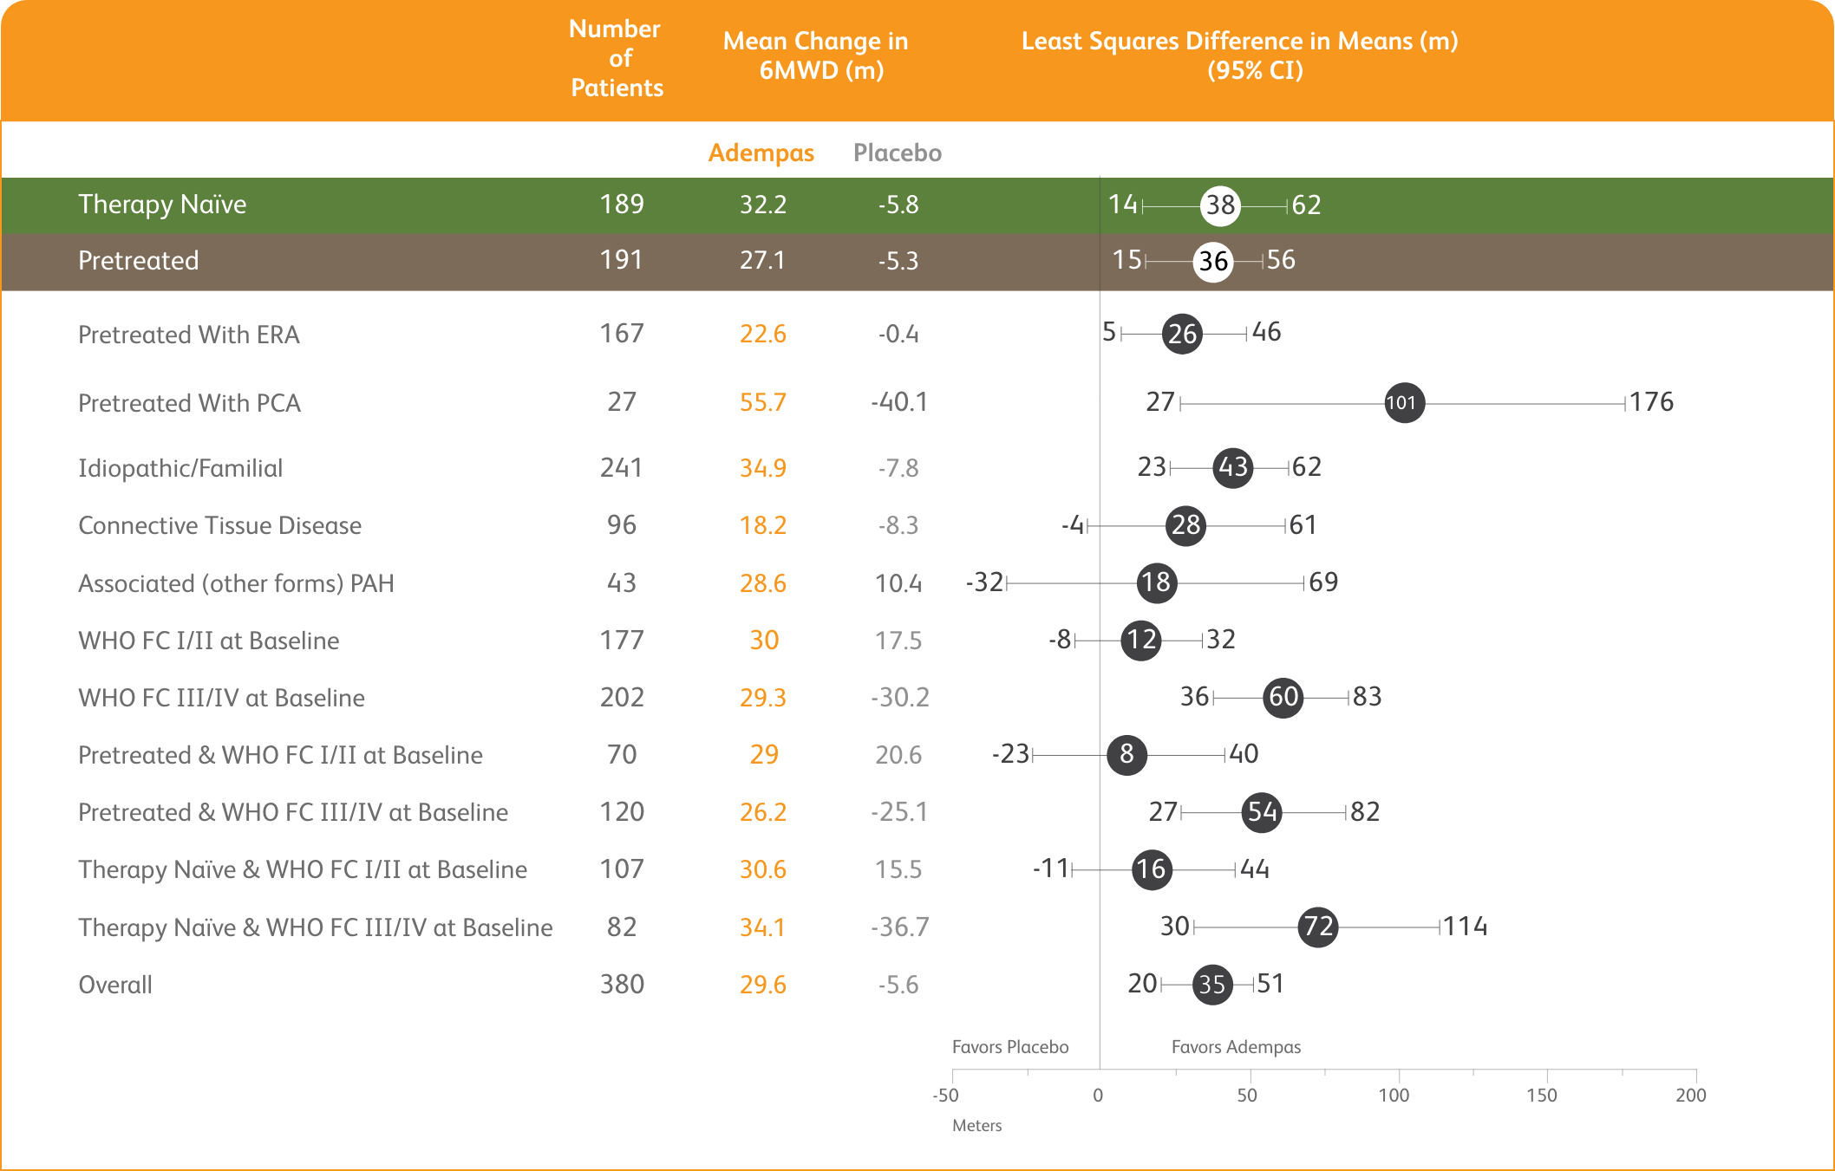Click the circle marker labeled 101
point(1404,403)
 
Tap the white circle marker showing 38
point(1220,205)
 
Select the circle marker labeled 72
point(1318,927)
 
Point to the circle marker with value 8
point(1126,754)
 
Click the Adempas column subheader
point(761,153)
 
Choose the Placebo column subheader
point(897,153)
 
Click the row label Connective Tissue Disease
point(219,525)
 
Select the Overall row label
point(115,985)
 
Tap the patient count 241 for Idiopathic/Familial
point(621,468)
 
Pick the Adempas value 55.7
point(762,402)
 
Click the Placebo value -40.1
point(898,402)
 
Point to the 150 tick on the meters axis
point(1541,1095)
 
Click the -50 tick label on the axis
point(945,1095)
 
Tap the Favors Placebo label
point(1010,1047)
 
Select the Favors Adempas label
point(1236,1047)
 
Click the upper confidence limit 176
point(1651,402)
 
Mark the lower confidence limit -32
point(985,582)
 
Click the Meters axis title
point(976,1126)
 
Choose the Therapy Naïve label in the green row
point(162,205)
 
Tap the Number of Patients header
point(616,58)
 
